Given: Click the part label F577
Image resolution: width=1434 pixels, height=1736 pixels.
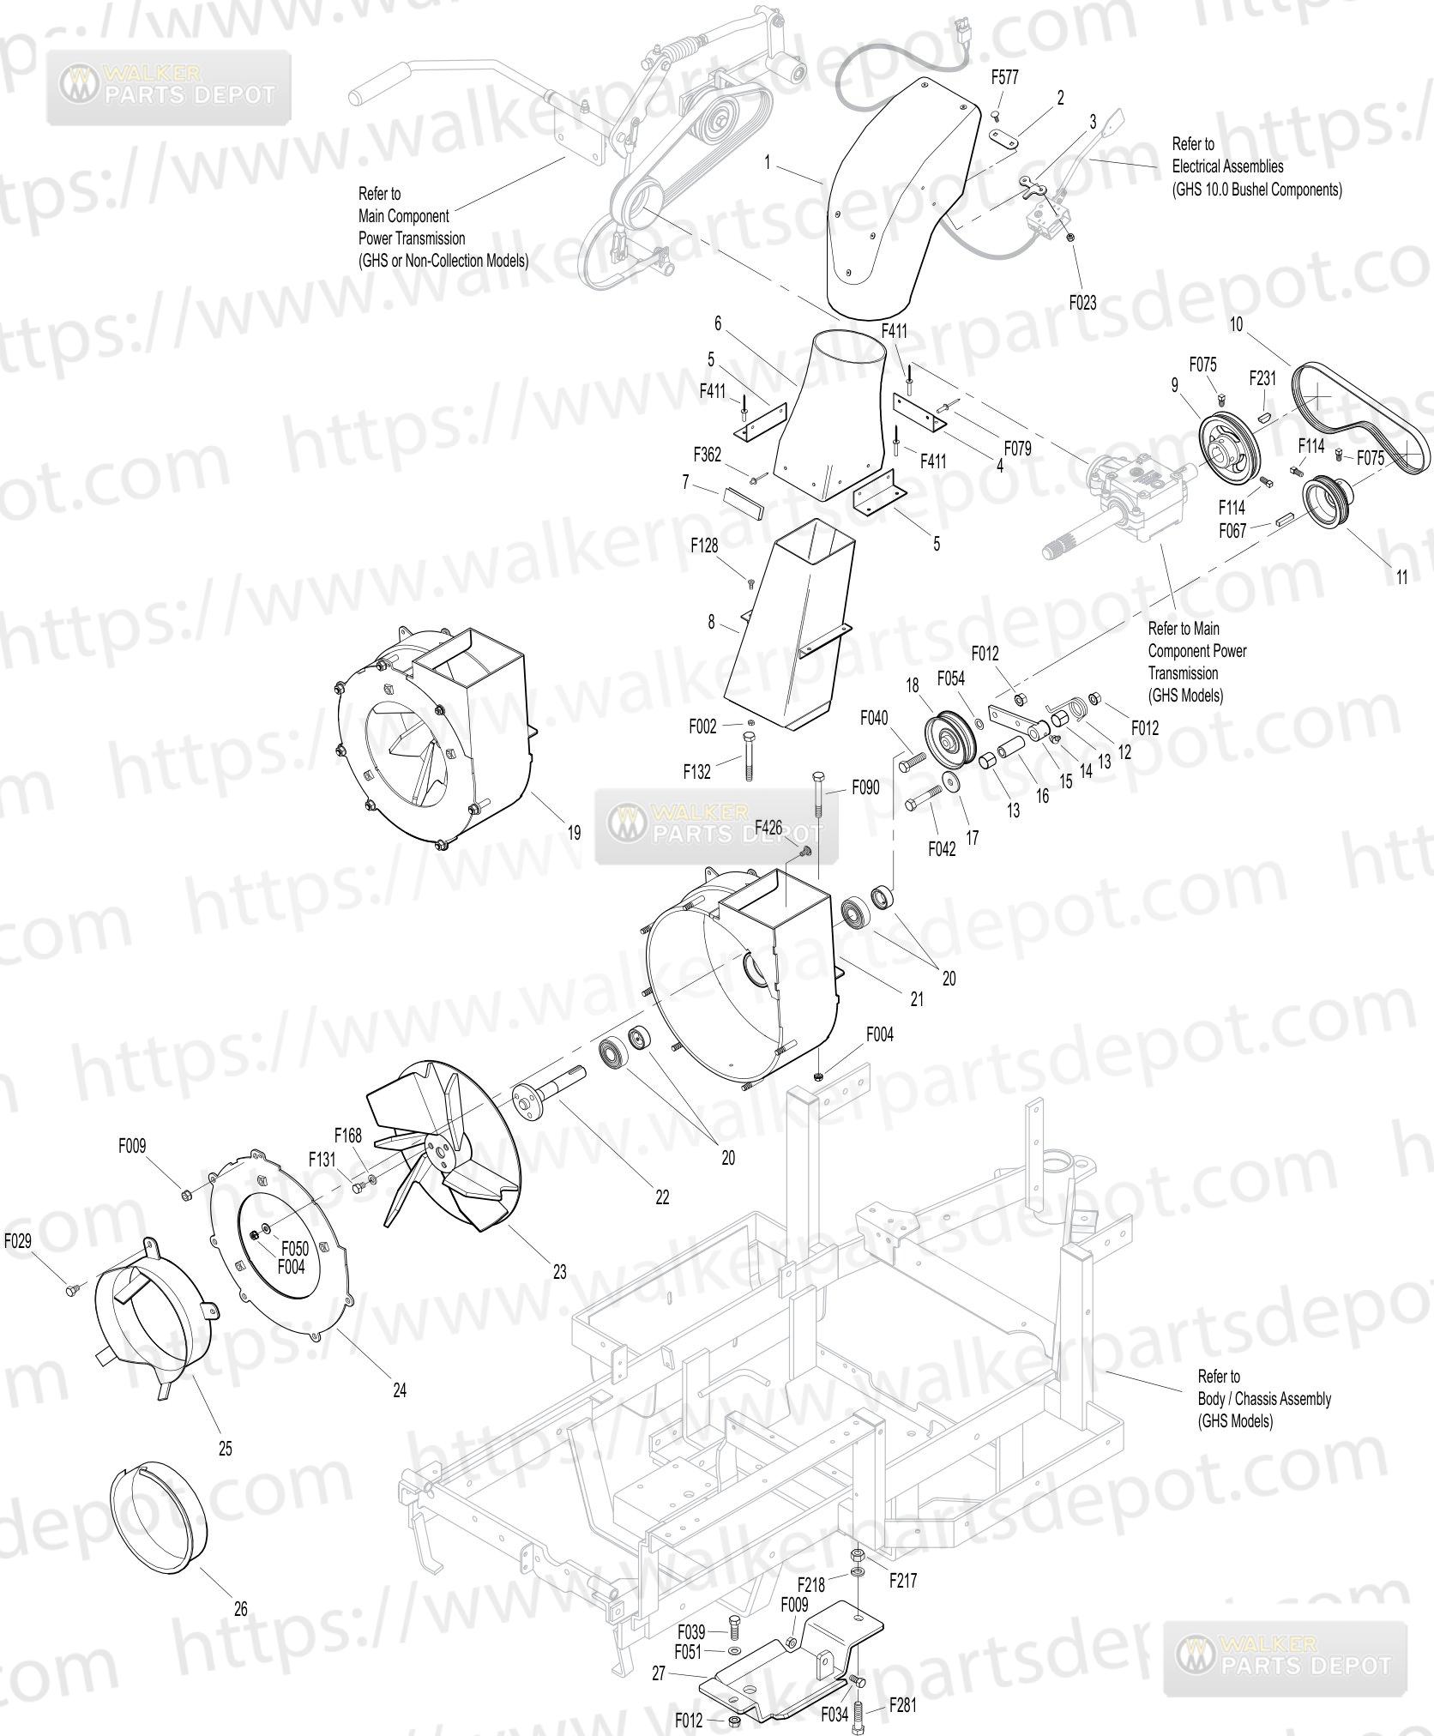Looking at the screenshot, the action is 1004,77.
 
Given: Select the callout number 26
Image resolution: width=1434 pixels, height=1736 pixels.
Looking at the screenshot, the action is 241,1610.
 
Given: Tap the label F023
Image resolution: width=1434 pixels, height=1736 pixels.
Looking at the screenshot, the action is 1082,303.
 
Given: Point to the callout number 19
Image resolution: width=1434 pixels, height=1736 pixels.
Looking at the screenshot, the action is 574,831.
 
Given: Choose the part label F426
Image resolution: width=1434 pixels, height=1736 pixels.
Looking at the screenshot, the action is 768,828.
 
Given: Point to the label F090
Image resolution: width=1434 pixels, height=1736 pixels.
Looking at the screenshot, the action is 865,787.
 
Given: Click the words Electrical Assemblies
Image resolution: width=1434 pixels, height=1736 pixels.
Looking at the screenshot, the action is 1228,166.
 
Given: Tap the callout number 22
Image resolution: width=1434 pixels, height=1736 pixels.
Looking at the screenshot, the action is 662,1197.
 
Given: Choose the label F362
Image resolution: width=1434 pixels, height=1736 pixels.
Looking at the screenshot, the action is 708,454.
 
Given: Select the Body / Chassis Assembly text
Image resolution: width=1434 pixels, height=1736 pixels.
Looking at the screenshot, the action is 1264,1399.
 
